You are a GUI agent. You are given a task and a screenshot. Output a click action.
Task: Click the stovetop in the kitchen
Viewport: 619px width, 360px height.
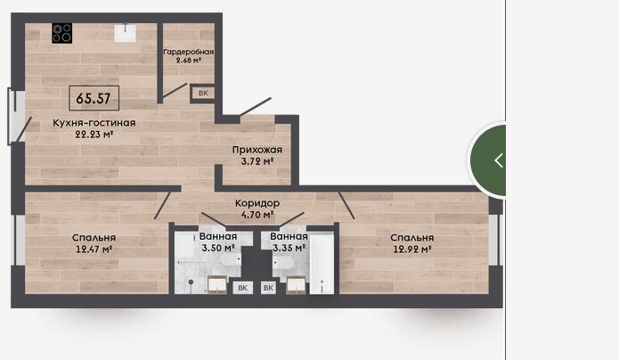pyautogui.click(x=62, y=33)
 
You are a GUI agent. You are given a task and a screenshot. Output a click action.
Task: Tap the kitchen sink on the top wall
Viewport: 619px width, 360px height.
pyautogui.click(x=126, y=33)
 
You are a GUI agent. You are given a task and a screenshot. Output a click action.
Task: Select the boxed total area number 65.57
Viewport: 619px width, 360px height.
pyautogui.click(x=94, y=98)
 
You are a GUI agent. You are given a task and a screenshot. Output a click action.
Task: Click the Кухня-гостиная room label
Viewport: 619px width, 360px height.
pyautogui.click(x=94, y=123)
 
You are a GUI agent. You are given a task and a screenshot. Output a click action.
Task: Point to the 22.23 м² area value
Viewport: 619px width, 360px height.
pyautogui.click(x=94, y=135)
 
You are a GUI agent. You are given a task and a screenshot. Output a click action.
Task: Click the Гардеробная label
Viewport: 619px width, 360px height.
pyautogui.click(x=188, y=52)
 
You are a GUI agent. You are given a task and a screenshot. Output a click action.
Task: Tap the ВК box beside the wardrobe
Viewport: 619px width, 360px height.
pyautogui.click(x=203, y=94)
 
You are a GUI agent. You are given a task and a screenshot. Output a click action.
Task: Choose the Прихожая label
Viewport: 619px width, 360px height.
pyautogui.click(x=257, y=150)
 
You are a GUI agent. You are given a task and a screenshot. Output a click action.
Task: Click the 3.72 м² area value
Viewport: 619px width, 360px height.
pyautogui.click(x=257, y=161)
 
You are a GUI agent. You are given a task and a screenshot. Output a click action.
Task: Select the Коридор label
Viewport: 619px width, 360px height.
pyautogui.click(x=257, y=203)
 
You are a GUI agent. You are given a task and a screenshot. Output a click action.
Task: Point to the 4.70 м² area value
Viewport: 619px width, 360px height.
pyautogui.click(x=257, y=215)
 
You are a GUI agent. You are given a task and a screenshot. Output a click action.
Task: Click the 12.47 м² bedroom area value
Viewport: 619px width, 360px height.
pyautogui.click(x=94, y=250)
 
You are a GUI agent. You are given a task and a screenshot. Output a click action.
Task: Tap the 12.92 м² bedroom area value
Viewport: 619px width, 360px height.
pyautogui.click(x=411, y=250)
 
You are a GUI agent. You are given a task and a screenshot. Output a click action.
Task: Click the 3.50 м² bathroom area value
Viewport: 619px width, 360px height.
pyautogui.click(x=218, y=248)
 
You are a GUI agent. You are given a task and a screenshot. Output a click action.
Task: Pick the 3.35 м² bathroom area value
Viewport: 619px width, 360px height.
pyautogui.click(x=289, y=248)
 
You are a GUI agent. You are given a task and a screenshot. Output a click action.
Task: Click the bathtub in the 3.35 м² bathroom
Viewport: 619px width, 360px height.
pyautogui.click(x=322, y=264)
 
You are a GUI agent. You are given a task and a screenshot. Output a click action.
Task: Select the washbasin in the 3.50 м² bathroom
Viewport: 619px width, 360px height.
pyautogui.click(x=217, y=285)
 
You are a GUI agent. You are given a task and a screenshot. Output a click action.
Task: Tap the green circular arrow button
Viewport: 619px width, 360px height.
pyautogui.click(x=488, y=160)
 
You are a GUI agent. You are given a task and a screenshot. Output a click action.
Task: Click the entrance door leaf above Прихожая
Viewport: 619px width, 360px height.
pyautogui.click(x=255, y=107)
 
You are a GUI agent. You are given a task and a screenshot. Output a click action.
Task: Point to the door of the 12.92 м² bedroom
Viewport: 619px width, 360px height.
pyautogui.click(x=346, y=206)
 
